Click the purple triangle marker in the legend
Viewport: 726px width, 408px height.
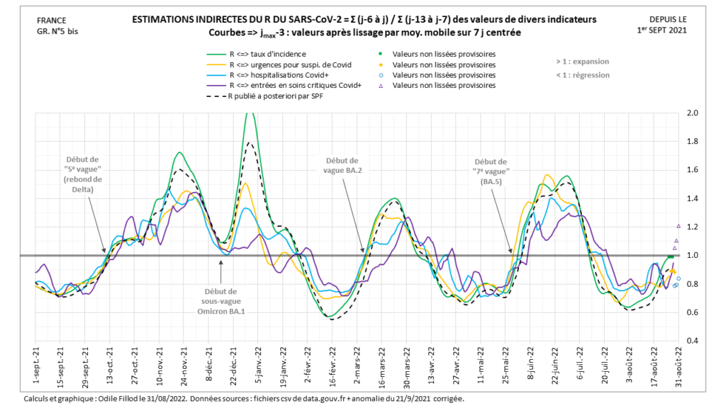click(381, 85)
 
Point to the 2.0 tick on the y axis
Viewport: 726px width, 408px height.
click(692, 113)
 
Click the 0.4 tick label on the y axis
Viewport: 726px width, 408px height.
click(692, 341)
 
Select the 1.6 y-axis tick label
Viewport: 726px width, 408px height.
click(692, 170)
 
